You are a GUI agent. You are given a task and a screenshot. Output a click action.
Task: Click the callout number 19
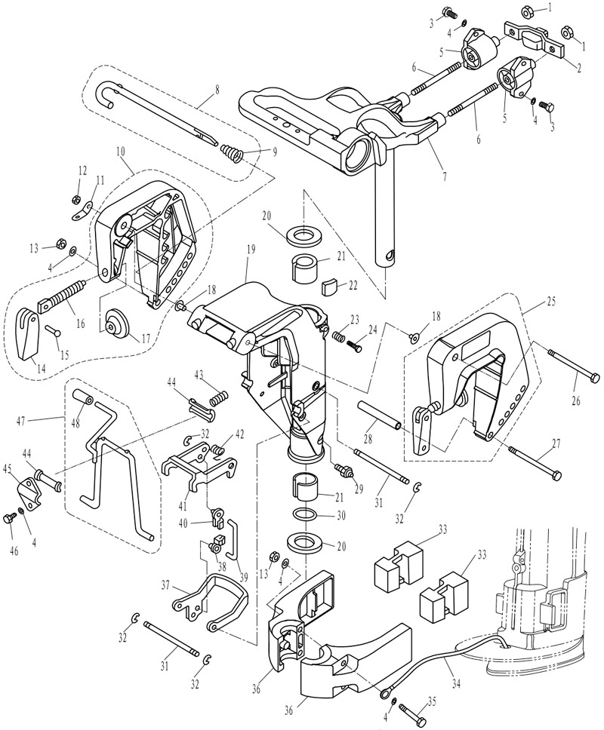[x=251, y=263]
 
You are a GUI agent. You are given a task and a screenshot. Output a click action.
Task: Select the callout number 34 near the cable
[x=456, y=684]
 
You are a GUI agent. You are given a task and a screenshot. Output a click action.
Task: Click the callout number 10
[x=121, y=152]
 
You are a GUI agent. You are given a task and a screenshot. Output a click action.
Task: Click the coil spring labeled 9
[x=231, y=153]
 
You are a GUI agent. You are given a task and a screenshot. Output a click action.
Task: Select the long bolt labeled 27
[x=535, y=462]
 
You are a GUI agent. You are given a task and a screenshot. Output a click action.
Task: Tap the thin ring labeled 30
[x=305, y=515]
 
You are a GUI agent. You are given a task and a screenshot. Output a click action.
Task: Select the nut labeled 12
[x=75, y=200]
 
